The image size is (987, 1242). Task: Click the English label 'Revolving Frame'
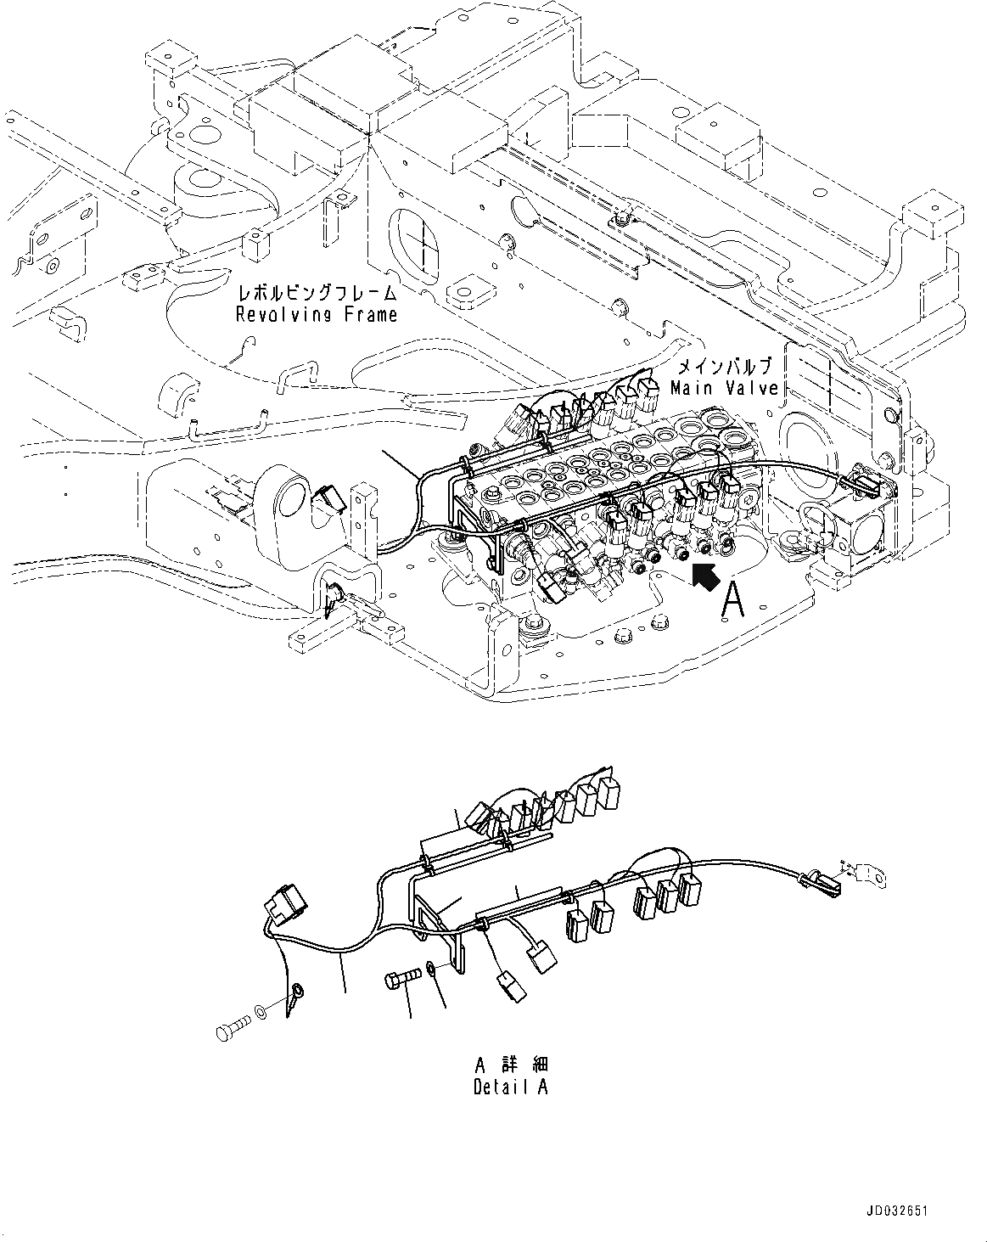pyautogui.click(x=317, y=315)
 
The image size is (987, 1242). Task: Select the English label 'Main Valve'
pyautogui.click(x=723, y=388)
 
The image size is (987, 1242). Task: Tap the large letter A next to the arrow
pyautogui.click(x=734, y=601)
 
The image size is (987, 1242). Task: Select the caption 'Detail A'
pyautogui.click(x=510, y=1087)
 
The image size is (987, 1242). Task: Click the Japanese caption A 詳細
pyautogui.click(x=510, y=1065)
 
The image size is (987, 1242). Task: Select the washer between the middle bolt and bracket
pyautogui.click(x=434, y=967)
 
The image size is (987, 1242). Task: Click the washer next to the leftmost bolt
pyautogui.click(x=259, y=1012)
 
